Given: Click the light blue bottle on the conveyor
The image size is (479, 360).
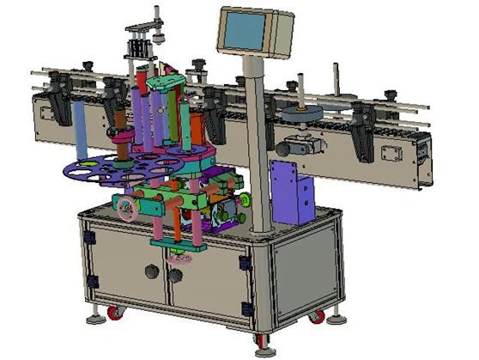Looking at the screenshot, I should tap(80, 130).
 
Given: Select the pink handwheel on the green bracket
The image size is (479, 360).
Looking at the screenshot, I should tap(128, 206).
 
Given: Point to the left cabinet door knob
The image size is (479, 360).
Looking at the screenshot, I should tap(152, 272).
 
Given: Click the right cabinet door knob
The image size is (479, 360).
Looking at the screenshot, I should tap(177, 275).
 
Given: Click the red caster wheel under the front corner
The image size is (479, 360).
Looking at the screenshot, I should tap(261, 340).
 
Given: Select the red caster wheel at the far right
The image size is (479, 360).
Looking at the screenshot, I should tap(318, 316).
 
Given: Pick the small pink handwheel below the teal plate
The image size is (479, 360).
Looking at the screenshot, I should tap(181, 256).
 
